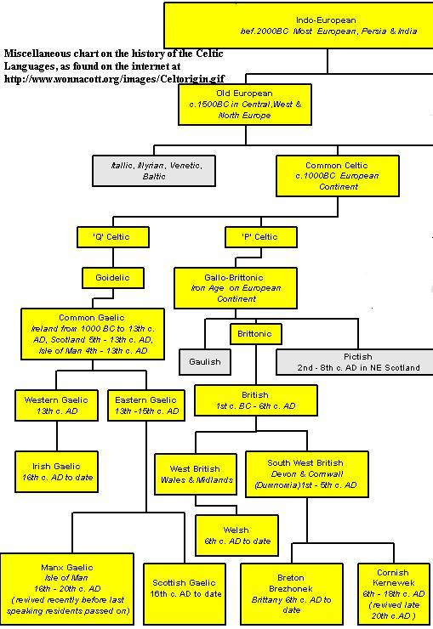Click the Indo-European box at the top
[x=299, y=25]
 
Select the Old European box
[x=245, y=105]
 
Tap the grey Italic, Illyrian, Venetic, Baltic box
[x=154, y=171]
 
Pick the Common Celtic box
[x=338, y=176]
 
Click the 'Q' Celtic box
[x=113, y=236]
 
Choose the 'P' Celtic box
[x=261, y=236]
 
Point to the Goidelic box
[x=113, y=278]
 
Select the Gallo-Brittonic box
[x=235, y=288]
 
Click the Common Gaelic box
[x=92, y=334]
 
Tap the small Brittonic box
[x=255, y=334]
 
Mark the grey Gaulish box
[x=205, y=362]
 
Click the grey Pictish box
[x=355, y=362]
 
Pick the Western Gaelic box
[x=56, y=405]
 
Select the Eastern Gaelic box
[x=146, y=405]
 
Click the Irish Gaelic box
[x=56, y=472]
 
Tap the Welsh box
[x=236, y=535]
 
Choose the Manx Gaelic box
[x=66, y=589]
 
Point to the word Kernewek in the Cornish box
[x=393, y=583]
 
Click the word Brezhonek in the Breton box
[x=291, y=588]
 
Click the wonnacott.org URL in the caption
[x=114, y=78]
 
